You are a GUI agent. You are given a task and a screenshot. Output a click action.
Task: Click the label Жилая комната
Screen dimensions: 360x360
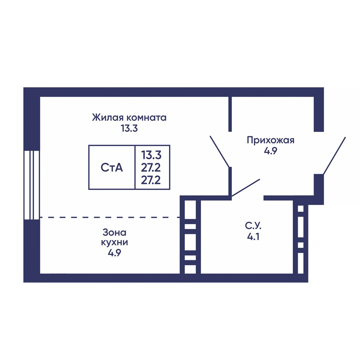(x=129, y=117)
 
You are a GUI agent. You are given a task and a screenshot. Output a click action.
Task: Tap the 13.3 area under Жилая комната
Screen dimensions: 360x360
(x=129, y=129)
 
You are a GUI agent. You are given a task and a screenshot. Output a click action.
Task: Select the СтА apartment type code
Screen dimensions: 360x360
(x=112, y=168)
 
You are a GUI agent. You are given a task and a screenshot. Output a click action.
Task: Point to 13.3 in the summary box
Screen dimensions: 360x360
(x=151, y=155)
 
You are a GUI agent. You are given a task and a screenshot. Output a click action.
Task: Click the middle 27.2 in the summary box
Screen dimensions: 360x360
(x=151, y=167)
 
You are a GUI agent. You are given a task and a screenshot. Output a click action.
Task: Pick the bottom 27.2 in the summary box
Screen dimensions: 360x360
(x=151, y=180)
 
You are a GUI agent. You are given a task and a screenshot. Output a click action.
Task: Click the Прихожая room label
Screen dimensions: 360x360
(x=271, y=140)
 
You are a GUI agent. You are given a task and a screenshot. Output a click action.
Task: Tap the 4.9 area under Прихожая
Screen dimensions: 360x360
(x=270, y=151)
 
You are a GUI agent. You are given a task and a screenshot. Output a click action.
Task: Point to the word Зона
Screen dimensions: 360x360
(x=114, y=232)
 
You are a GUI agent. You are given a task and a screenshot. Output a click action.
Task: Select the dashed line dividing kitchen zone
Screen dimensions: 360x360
(x=109, y=217)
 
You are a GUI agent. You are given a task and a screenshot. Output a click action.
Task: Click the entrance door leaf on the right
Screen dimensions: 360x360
(x=334, y=155)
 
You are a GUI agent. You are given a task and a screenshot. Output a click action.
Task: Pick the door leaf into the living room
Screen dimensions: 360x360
(x=220, y=151)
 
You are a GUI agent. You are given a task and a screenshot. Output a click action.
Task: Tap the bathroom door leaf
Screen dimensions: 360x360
(x=246, y=188)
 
